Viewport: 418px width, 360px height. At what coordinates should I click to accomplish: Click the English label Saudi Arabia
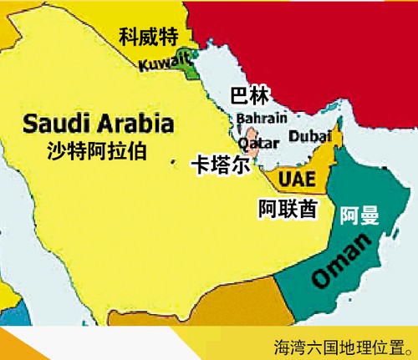coord(99,124)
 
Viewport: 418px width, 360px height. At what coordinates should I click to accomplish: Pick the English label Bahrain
coord(262,117)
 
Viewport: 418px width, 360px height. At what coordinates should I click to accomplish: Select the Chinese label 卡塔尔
coord(220,165)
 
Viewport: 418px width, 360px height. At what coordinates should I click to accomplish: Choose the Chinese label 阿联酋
coord(288,208)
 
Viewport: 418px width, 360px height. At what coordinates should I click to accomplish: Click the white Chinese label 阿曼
coord(359,216)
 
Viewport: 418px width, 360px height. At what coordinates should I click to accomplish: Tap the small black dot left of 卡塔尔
coord(173,160)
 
